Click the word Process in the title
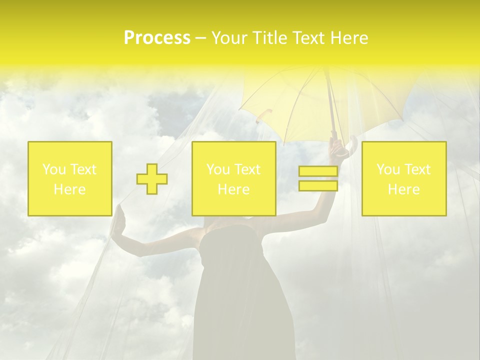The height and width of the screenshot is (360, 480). [157, 38]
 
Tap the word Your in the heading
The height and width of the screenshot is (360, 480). [228, 38]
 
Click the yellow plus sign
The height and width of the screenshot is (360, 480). [152, 179]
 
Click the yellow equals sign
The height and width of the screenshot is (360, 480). [318, 179]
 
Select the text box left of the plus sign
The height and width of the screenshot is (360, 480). [70, 179]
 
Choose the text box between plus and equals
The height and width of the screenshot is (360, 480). [234, 179]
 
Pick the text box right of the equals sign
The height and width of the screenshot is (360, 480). [404, 179]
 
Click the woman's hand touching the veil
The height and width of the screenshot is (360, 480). [118, 220]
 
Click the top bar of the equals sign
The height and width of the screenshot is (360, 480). [318, 171]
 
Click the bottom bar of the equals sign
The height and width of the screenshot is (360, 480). [318, 186]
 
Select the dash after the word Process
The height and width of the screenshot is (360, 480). [200, 38]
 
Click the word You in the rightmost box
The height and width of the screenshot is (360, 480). [388, 169]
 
